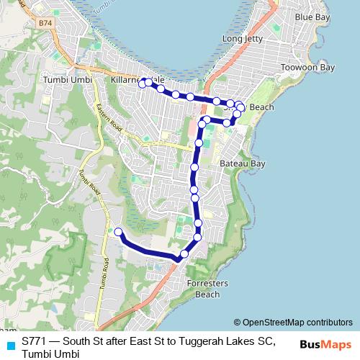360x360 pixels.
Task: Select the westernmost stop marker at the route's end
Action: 119,232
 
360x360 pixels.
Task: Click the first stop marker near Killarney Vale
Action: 143,83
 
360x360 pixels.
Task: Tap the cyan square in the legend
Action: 10,343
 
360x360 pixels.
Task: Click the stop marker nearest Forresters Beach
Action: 184,253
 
